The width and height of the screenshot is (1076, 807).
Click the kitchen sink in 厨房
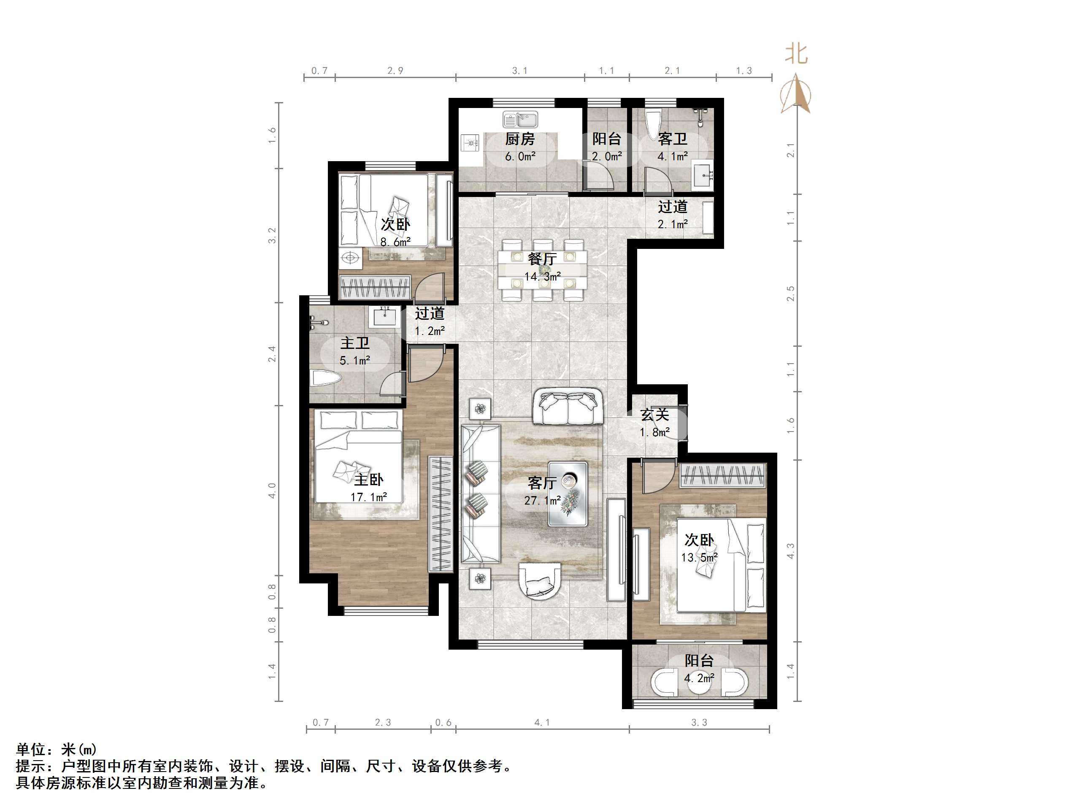(520, 120)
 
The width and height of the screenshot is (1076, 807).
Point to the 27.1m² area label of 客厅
(542, 500)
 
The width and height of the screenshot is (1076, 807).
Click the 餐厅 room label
(542, 258)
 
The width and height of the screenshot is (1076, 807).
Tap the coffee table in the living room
(568, 493)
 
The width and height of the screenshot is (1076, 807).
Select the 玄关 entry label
(655, 415)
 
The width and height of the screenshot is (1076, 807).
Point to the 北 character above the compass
(796, 54)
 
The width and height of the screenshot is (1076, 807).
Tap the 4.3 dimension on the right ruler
(790, 551)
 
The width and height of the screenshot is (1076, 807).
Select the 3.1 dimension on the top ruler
(519, 71)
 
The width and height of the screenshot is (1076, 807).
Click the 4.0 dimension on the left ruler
(273, 490)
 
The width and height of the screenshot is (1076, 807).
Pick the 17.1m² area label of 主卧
(369, 497)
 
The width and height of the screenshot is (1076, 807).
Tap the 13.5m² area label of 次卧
(699, 557)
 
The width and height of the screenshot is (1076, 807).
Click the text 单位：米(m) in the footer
(57, 749)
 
